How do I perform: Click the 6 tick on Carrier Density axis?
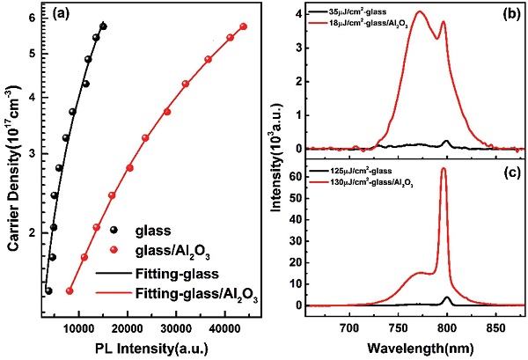(x=31, y=18)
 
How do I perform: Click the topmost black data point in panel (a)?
(x=103, y=26)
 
